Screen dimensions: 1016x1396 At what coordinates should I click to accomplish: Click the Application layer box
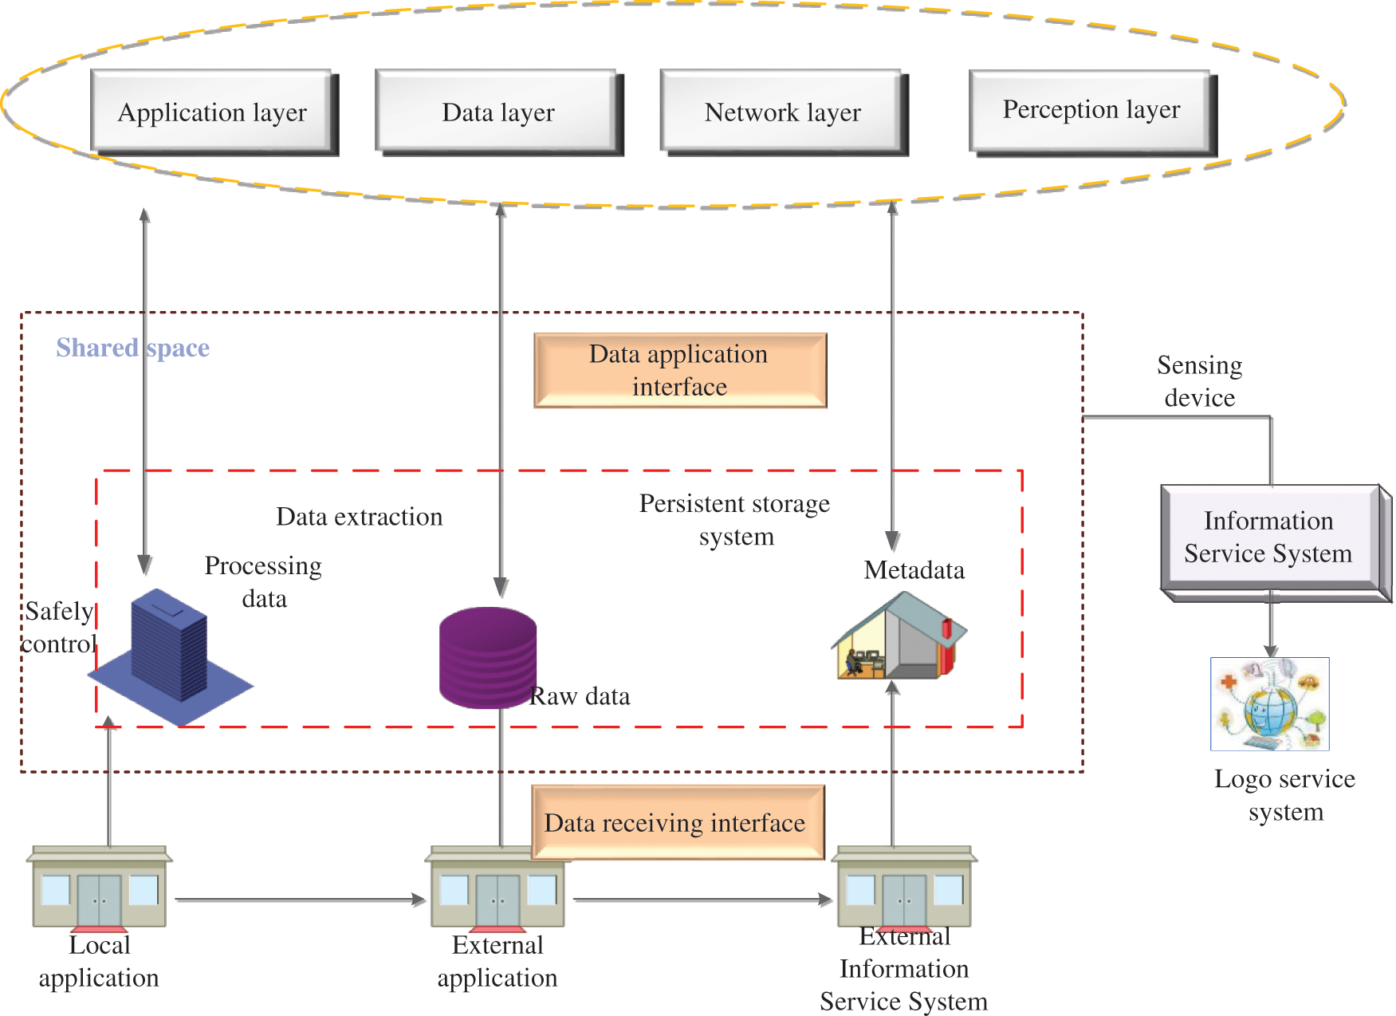(x=212, y=112)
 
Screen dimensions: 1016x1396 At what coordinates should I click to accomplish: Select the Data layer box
(x=497, y=112)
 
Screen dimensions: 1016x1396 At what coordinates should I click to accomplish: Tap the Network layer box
(x=782, y=112)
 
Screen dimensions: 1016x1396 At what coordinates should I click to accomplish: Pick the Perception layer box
(x=1091, y=110)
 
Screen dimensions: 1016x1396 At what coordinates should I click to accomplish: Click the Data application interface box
(x=679, y=370)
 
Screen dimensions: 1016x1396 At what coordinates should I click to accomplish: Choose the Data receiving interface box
(x=676, y=822)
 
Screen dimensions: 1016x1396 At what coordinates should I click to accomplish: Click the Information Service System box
(x=1268, y=538)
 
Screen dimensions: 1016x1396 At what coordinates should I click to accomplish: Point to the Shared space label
(x=132, y=348)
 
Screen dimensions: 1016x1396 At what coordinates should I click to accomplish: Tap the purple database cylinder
(x=487, y=658)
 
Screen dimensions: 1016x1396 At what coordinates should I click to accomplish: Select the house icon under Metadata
(x=899, y=638)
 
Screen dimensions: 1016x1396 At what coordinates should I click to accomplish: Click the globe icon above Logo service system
(x=1269, y=704)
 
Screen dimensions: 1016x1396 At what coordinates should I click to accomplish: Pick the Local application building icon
(x=100, y=887)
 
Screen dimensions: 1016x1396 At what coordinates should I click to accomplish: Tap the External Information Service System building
(x=904, y=887)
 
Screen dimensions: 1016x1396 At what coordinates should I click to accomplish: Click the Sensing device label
(x=1199, y=381)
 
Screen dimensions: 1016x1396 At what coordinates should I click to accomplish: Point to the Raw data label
(x=580, y=696)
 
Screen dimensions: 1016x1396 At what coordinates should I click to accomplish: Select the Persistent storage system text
(x=734, y=519)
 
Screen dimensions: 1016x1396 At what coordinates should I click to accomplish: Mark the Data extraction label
(x=359, y=517)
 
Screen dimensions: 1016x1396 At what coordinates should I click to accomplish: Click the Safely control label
(x=58, y=628)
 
